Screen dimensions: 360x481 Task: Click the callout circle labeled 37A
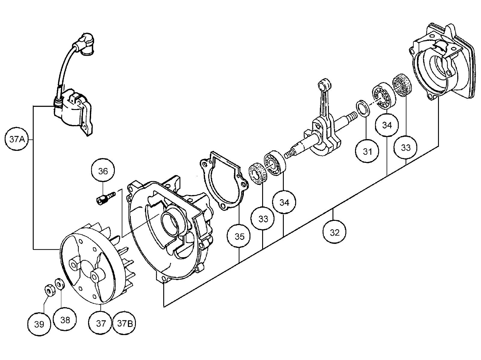click(x=17, y=140)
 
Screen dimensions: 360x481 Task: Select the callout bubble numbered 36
click(x=103, y=171)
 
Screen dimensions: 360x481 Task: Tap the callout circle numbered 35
click(x=239, y=237)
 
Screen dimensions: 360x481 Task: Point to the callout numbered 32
click(x=334, y=232)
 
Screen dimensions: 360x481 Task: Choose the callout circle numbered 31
click(x=367, y=152)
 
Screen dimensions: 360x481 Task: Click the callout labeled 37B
click(x=125, y=324)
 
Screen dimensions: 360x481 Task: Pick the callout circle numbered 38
click(x=65, y=320)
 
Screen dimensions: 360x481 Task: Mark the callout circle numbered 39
click(x=39, y=324)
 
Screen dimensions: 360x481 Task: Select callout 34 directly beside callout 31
click(x=387, y=125)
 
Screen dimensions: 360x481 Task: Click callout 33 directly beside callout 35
click(x=263, y=219)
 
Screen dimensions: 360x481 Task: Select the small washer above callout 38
click(x=59, y=283)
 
